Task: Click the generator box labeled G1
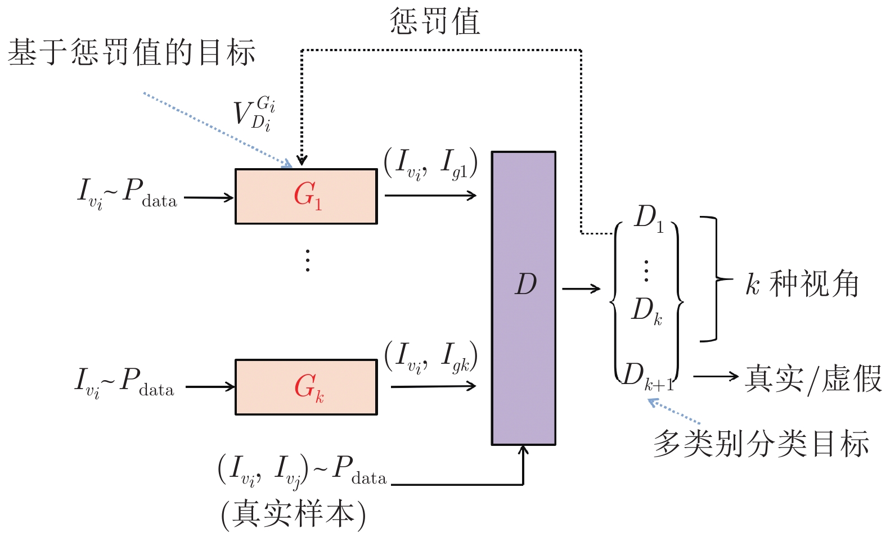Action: [306, 196]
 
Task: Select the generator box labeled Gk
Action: [306, 387]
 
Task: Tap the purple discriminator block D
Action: [524, 298]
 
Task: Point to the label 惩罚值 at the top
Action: [435, 21]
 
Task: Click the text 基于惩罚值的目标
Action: [132, 52]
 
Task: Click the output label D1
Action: [649, 218]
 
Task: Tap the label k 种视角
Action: [802, 283]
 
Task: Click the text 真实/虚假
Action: [813, 378]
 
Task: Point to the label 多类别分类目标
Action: [761, 444]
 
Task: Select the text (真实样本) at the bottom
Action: [293, 514]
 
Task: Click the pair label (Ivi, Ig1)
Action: [430, 164]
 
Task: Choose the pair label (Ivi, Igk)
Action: [431, 357]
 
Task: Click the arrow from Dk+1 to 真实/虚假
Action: [715, 376]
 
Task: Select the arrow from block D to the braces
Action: [581, 289]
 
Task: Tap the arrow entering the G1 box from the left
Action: [209, 197]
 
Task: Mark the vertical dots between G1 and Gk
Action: [307, 260]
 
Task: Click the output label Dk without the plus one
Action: [646, 310]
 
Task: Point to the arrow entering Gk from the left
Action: [210, 387]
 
